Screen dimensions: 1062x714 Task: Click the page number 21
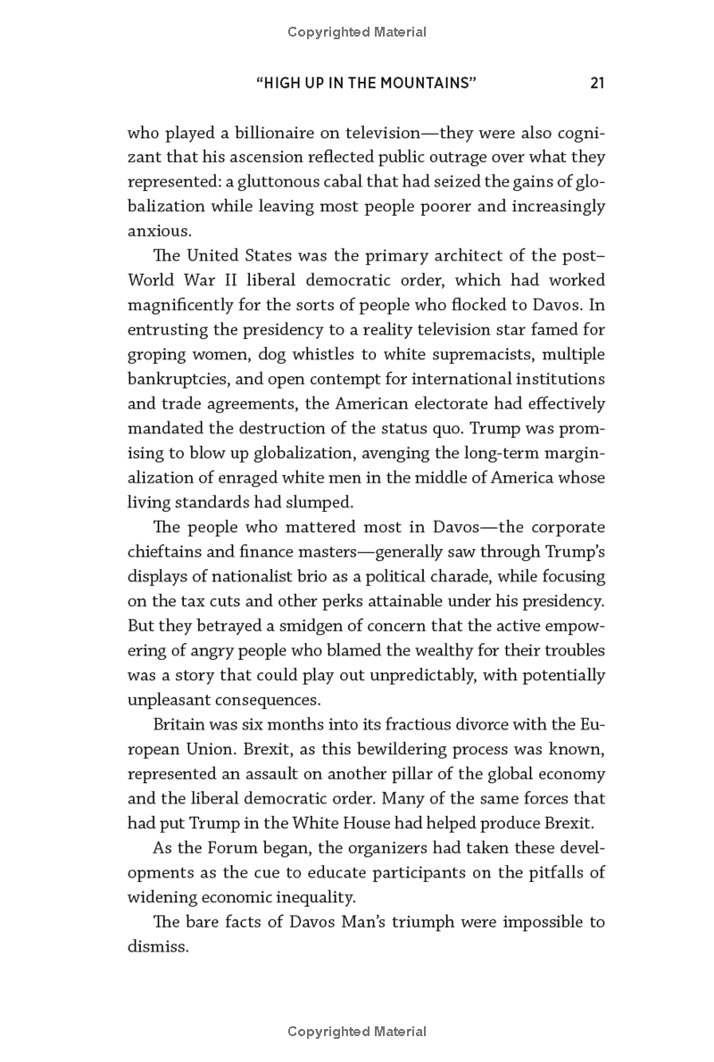click(597, 83)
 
